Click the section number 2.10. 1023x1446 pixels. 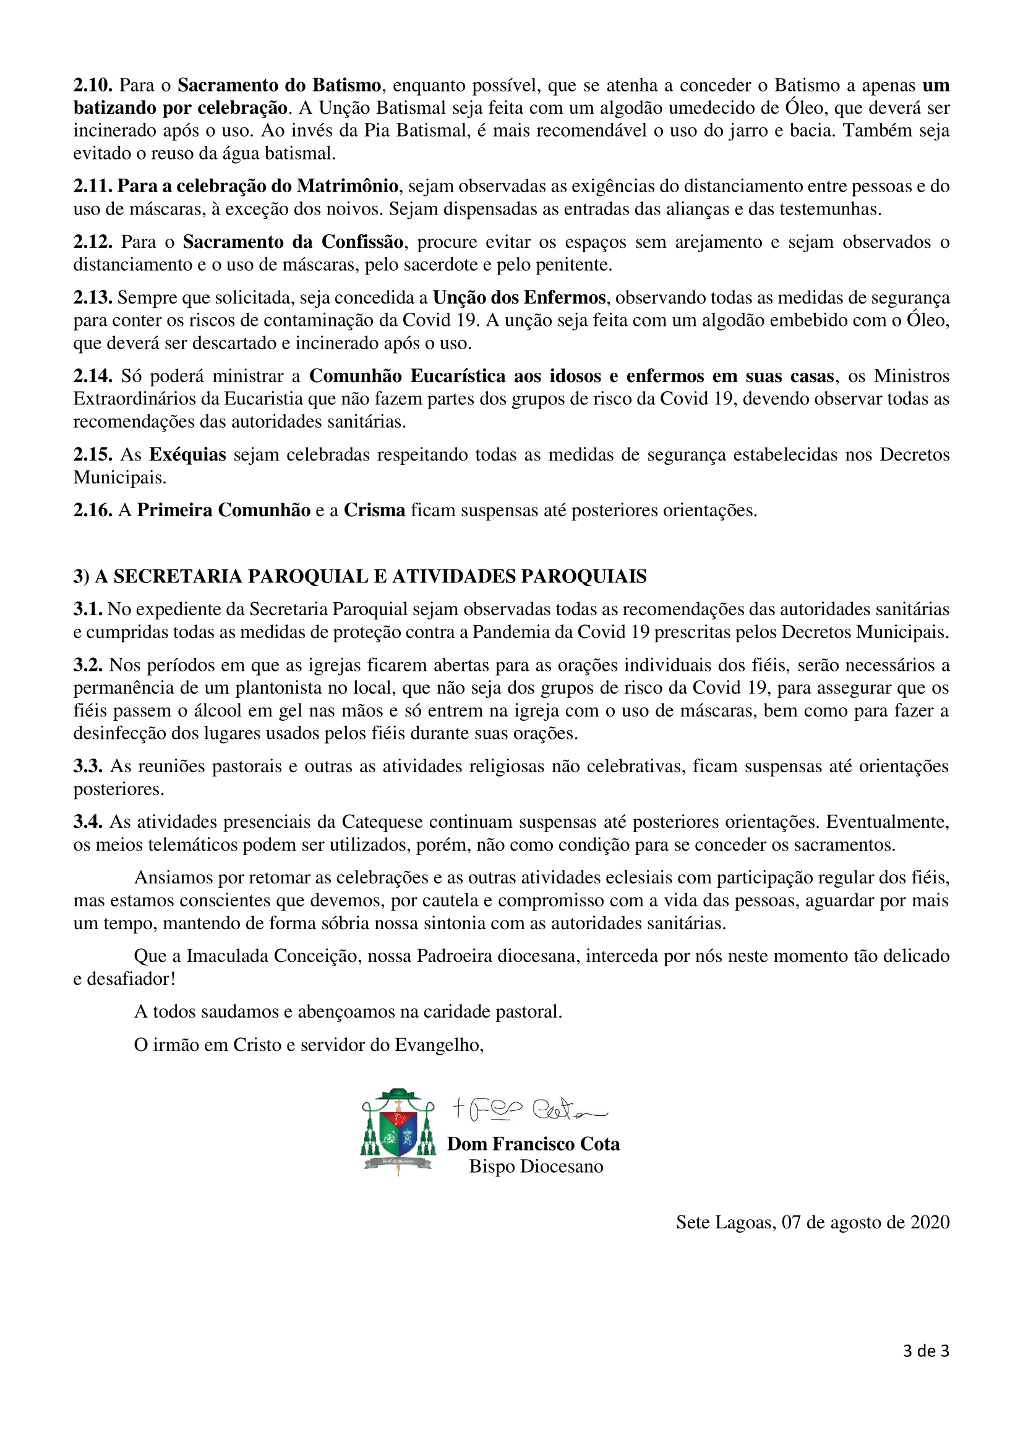[93, 85]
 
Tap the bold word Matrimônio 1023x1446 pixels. [347, 187]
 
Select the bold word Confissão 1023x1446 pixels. [363, 242]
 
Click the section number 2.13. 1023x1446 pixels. [93, 297]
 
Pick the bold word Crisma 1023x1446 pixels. [374, 510]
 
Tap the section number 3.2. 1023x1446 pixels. [88, 665]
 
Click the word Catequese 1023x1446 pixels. [382, 822]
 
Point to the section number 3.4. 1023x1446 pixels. [88, 822]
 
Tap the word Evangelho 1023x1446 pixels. [439, 1045]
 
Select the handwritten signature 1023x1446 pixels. [529, 1109]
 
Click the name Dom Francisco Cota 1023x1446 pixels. [533, 1144]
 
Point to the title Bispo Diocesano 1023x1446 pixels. [536, 1167]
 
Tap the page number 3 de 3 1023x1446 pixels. [925, 1350]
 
